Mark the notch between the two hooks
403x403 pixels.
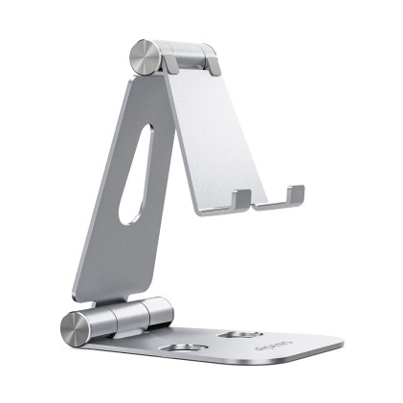(x=268, y=203)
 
